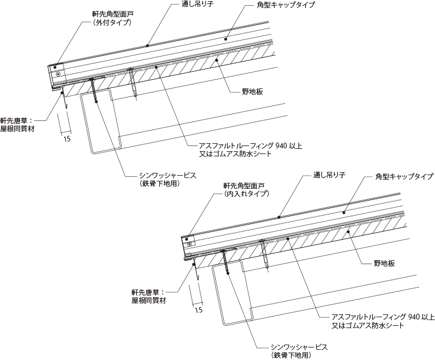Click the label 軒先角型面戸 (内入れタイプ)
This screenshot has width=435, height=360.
click(246, 189)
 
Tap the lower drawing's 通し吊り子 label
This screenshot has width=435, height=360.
click(329, 175)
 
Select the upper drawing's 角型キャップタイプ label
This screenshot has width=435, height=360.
click(286, 5)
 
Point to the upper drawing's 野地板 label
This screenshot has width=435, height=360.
click(252, 91)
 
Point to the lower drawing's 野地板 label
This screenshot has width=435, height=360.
click(384, 263)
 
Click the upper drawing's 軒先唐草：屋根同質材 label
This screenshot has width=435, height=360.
click(17, 125)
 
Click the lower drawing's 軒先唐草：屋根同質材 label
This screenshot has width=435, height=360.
click(148, 297)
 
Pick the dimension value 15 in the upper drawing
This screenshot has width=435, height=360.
click(67, 138)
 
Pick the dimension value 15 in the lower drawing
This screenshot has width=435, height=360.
click(199, 310)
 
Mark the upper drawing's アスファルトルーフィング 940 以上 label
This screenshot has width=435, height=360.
click(251, 145)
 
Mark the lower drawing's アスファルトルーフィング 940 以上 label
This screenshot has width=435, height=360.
click(383, 317)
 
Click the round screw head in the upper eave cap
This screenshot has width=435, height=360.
click(58, 74)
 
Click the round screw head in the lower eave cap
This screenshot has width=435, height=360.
click(190, 244)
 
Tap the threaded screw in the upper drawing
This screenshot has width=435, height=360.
click(94, 90)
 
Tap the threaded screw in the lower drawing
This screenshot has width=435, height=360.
click(225, 261)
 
